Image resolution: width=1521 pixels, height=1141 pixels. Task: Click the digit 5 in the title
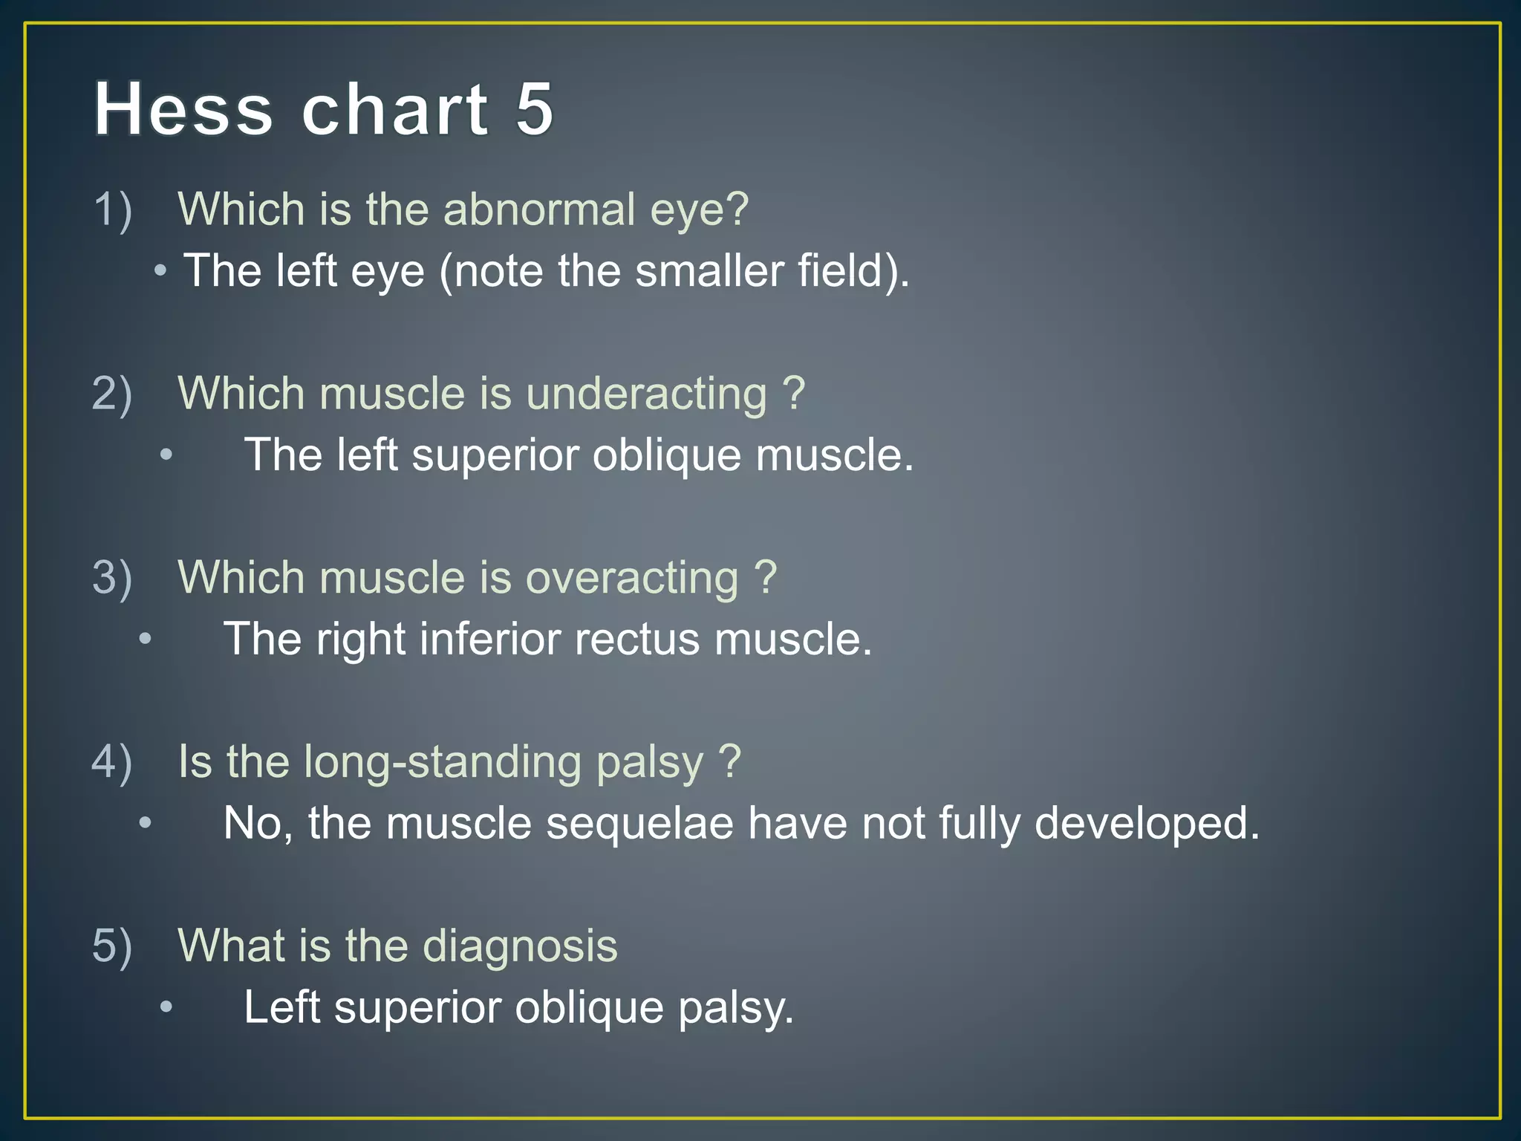point(534,109)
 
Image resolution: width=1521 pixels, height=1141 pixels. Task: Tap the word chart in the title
point(394,109)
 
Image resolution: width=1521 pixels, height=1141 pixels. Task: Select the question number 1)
point(112,209)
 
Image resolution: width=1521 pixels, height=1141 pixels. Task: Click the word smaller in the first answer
point(709,270)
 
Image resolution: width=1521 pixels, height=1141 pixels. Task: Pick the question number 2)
point(112,393)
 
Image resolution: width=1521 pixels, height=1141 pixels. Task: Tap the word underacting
point(646,393)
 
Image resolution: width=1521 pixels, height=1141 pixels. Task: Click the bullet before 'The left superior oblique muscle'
point(166,454)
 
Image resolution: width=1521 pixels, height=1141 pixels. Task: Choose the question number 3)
point(112,577)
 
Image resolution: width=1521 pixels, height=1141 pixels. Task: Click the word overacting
point(632,577)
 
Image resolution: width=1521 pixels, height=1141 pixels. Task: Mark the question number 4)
point(112,761)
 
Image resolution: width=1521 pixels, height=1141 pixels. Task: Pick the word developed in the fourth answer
point(1147,824)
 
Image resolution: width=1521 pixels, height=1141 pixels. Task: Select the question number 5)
point(112,946)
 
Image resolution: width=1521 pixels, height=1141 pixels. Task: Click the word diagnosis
point(520,947)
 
